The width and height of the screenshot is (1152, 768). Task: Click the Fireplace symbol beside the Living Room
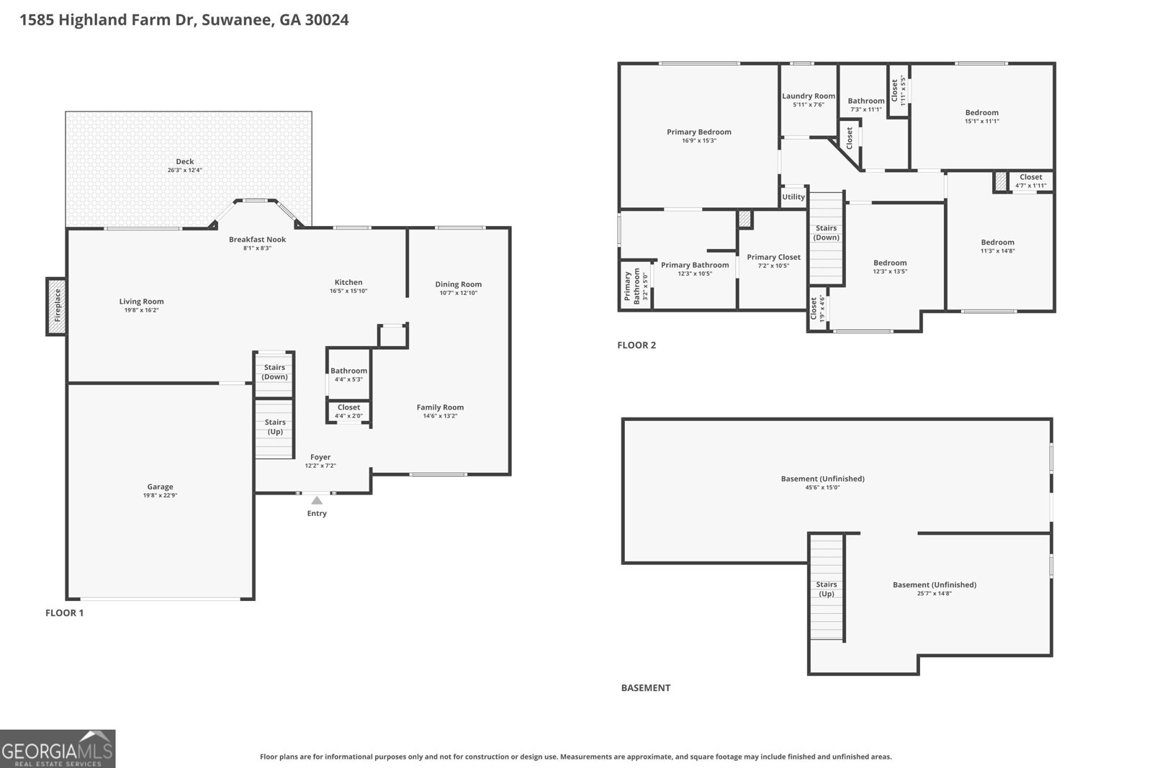point(56,306)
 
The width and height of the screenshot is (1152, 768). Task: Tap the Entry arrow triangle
point(317,500)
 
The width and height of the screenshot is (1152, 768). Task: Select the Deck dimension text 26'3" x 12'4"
point(185,171)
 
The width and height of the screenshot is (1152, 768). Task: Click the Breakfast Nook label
point(257,239)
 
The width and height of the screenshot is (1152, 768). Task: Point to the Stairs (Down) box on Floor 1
point(274,372)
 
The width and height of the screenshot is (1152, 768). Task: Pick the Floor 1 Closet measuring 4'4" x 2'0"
point(348,411)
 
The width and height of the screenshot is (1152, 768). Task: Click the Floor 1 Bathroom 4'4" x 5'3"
point(348,374)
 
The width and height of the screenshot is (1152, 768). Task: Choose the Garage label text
point(160,487)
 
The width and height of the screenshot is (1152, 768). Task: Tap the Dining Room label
point(458,284)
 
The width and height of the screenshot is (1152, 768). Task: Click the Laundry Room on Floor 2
point(809,99)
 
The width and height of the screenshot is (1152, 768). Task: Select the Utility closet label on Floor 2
point(793,197)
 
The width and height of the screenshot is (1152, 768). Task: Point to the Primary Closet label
point(773,257)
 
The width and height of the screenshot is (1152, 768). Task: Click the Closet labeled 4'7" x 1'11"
point(1030,181)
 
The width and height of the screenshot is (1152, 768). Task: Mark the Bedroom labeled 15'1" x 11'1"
point(981,116)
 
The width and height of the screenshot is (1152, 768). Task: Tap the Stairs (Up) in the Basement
point(826,589)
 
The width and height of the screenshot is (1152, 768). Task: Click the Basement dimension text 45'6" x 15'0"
point(822,487)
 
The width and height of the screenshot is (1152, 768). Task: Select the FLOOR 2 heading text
point(636,345)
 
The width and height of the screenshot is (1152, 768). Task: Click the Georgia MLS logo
point(58,749)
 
